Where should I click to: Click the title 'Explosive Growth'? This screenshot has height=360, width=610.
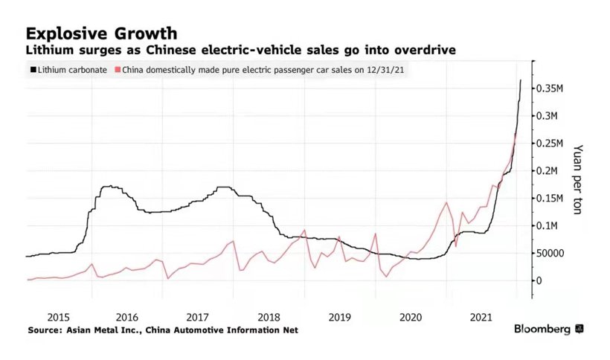point(101,33)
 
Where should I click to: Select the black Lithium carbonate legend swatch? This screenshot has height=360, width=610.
point(32,70)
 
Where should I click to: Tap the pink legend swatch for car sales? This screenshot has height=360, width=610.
point(116,70)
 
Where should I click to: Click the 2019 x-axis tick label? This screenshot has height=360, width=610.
point(338,316)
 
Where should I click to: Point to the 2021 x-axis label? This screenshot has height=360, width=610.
point(481,316)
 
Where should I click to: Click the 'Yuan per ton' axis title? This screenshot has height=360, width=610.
point(577,179)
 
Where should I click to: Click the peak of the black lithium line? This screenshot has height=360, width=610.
point(521,80)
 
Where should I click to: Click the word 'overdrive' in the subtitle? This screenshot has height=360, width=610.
point(426,51)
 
